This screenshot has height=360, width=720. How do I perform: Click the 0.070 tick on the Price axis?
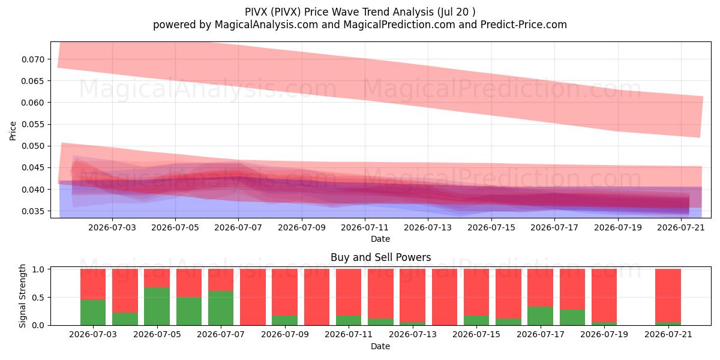(33, 59)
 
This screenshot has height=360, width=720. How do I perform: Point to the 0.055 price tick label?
(33, 124)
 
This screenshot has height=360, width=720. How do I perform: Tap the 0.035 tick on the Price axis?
(33, 211)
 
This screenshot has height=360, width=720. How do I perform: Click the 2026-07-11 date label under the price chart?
(365, 227)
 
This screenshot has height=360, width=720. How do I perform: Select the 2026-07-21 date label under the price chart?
(681, 227)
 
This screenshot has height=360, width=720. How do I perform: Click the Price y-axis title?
(13, 131)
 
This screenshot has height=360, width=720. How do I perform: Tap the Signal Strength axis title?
(22, 296)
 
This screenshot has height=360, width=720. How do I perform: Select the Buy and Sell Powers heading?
(380, 257)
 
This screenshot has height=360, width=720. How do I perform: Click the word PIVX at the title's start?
(256, 12)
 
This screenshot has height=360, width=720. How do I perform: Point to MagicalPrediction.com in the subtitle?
(399, 25)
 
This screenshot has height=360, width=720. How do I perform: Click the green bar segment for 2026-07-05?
(157, 307)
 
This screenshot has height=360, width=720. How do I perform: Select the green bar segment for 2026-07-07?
(221, 308)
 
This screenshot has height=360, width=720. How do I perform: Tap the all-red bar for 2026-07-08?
(253, 297)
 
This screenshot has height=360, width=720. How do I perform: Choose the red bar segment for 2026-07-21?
(668, 295)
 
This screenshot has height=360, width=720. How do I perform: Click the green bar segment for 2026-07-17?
(541, 316)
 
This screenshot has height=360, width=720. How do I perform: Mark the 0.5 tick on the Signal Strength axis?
(38, 298)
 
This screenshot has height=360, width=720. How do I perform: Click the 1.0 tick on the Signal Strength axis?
(38, 269)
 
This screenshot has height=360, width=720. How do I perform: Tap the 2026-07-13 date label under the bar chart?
(413, 335)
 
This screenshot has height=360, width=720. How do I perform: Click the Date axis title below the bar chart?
(380, 347)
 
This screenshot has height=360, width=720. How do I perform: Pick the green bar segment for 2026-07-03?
(93, 313)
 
